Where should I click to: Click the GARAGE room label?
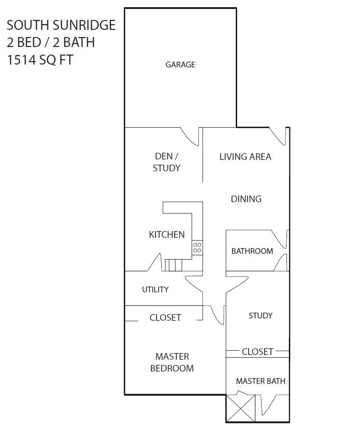point(180,65)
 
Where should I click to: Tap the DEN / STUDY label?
point(166,162)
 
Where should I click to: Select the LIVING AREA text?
point(245,157)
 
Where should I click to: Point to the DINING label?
point(246,199)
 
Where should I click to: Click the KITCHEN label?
point(166,234)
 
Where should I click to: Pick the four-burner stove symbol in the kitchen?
point(197,247)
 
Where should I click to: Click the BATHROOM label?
point(252,251)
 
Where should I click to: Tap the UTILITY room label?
point(155,289)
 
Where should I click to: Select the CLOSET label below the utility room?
point(165,318)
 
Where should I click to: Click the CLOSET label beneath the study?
point(257,352)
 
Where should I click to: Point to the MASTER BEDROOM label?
point(172,362)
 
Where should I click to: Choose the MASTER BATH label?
point(260,381)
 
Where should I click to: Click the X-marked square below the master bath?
point(240,408)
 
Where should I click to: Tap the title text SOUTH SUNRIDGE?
point(61,25)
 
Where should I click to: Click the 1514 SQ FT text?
point(40,60)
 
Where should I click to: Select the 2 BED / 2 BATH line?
point(51,42)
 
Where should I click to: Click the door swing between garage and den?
point(191,136)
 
